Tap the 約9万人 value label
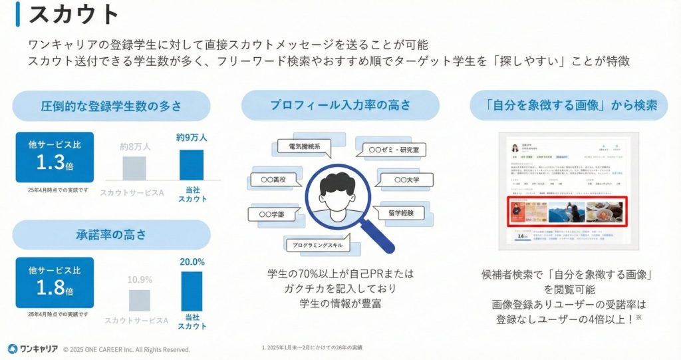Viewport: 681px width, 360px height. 192,138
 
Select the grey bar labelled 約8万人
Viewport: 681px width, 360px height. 133,168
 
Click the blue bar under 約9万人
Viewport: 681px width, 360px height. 192,164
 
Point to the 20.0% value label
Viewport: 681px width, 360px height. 192,262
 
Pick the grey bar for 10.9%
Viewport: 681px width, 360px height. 140,300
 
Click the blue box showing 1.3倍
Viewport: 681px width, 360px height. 55,157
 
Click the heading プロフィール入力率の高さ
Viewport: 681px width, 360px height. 340,105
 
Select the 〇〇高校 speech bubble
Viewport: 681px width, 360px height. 271,180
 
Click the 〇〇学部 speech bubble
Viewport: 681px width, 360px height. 269,214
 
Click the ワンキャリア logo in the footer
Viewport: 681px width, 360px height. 31,349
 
